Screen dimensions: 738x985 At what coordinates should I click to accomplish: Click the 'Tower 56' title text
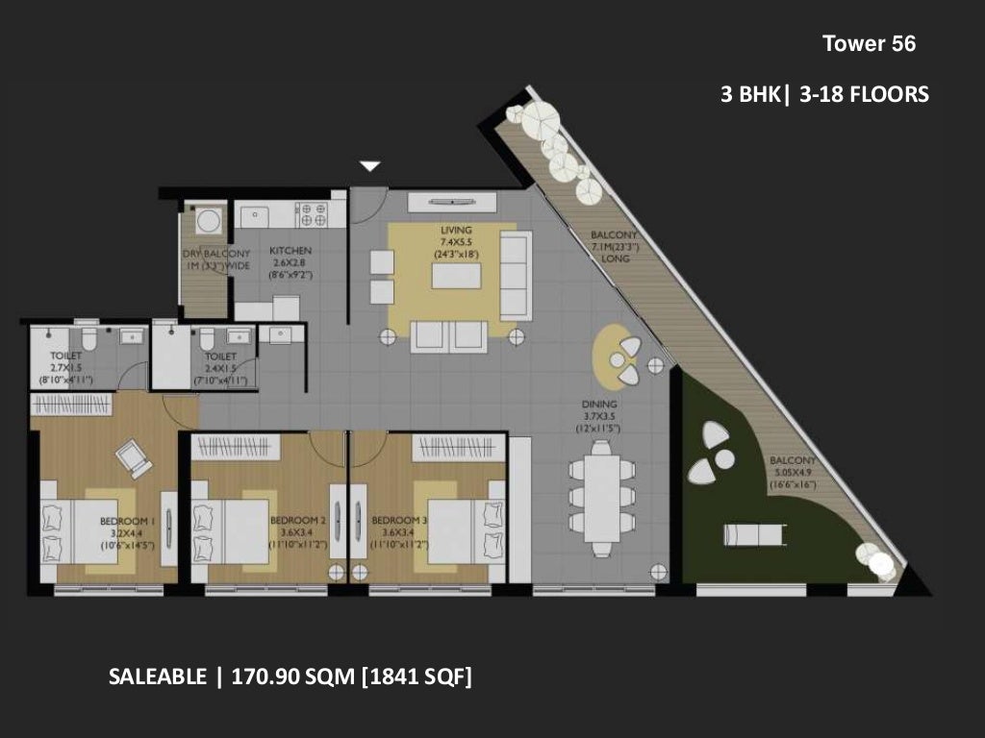tap(869, 43)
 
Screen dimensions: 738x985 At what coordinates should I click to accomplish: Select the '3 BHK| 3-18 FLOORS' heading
tap(824, 94)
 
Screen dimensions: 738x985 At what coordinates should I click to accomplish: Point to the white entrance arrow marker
tap(370, 166)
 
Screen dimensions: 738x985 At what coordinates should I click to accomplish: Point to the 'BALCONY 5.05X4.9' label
tap(793, 473)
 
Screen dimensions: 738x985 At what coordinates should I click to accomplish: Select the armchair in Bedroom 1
tap(134, 457)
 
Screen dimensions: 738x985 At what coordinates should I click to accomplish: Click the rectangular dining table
tap(601, 497)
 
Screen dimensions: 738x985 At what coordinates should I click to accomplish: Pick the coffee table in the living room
tap(456, 276)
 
